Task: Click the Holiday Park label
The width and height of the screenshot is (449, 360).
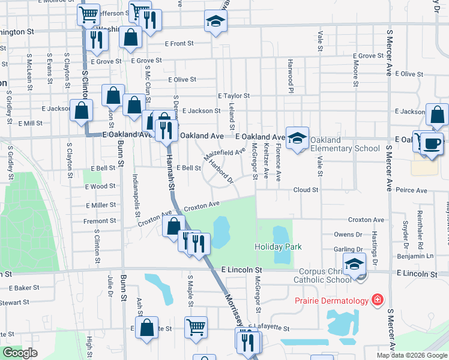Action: tap(278, 247)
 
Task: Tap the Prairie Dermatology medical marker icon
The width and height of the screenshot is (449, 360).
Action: tap(378, 299)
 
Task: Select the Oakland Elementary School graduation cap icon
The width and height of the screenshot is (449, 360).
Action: tap(297, 139)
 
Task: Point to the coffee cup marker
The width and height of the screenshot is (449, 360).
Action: tap(432, 144)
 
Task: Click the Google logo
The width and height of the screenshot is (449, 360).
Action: tap(20, 353)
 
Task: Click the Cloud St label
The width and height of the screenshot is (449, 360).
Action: tap(306, 190)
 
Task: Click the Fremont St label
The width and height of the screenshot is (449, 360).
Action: tap(100, 221)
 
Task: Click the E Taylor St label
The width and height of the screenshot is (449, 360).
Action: tap(234, 95)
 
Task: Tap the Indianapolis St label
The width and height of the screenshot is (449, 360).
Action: tap(136, 195)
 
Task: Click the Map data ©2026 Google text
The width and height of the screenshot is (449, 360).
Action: tap(411, 355)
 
